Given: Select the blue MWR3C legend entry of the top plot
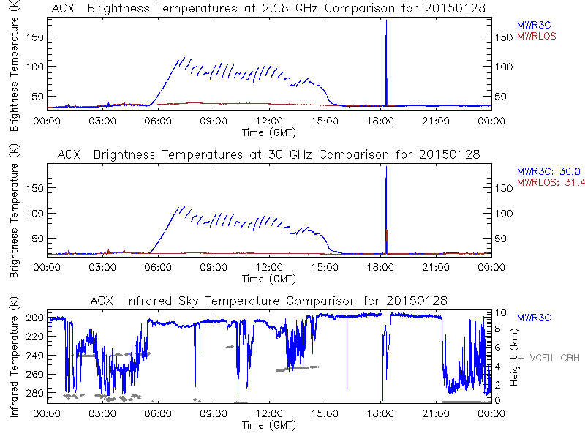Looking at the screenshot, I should (534, 25).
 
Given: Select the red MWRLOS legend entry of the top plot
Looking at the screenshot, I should (537, 35).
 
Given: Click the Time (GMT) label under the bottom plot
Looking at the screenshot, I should (269, 424).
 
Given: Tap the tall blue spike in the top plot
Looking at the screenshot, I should (386, 59).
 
